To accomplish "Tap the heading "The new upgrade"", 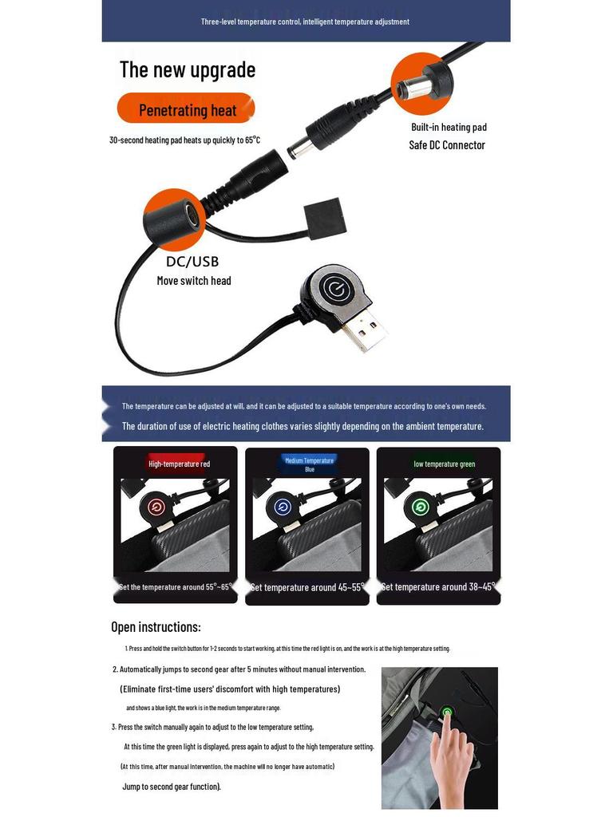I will [x=188, y=69].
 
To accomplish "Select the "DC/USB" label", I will [x=192, y=261].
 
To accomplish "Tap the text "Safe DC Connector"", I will [x=447, y=144].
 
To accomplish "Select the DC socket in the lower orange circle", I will [x=189, y=214].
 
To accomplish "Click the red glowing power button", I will [x=157, y=507].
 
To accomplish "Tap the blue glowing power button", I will [x=281, y=507].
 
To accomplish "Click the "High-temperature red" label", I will [x=179, y=464].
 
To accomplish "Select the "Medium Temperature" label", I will [x=310, y=460].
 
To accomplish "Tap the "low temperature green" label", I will [x=445, y=464].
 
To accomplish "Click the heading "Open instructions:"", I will [x=156, y=627].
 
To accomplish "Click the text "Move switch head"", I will [x=194, y=281].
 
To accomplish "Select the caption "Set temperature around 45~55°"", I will [x=307, y=587].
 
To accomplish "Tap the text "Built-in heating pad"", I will [x=449, y=127].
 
